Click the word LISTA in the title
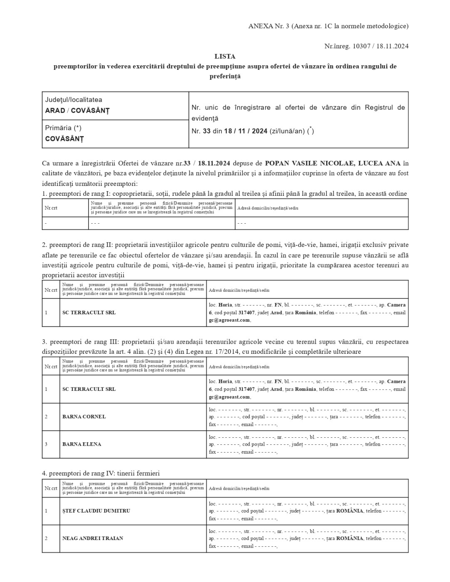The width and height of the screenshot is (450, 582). click(x=225, y=57)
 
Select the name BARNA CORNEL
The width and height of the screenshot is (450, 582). click(x=84, y=417)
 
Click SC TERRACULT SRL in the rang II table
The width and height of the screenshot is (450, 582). click(x=89, y=313)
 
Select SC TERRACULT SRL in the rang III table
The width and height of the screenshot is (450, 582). click(x=89, y=389)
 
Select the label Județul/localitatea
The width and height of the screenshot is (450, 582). click(x=74, y=100)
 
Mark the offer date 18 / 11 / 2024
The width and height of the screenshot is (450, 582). click(x=245, y=131)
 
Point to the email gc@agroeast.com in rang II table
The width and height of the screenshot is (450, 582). click(x=230, y=320)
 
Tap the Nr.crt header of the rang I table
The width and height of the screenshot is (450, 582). click(x=51, y=208)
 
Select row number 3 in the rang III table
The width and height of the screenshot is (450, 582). click(x=46, y=444)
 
